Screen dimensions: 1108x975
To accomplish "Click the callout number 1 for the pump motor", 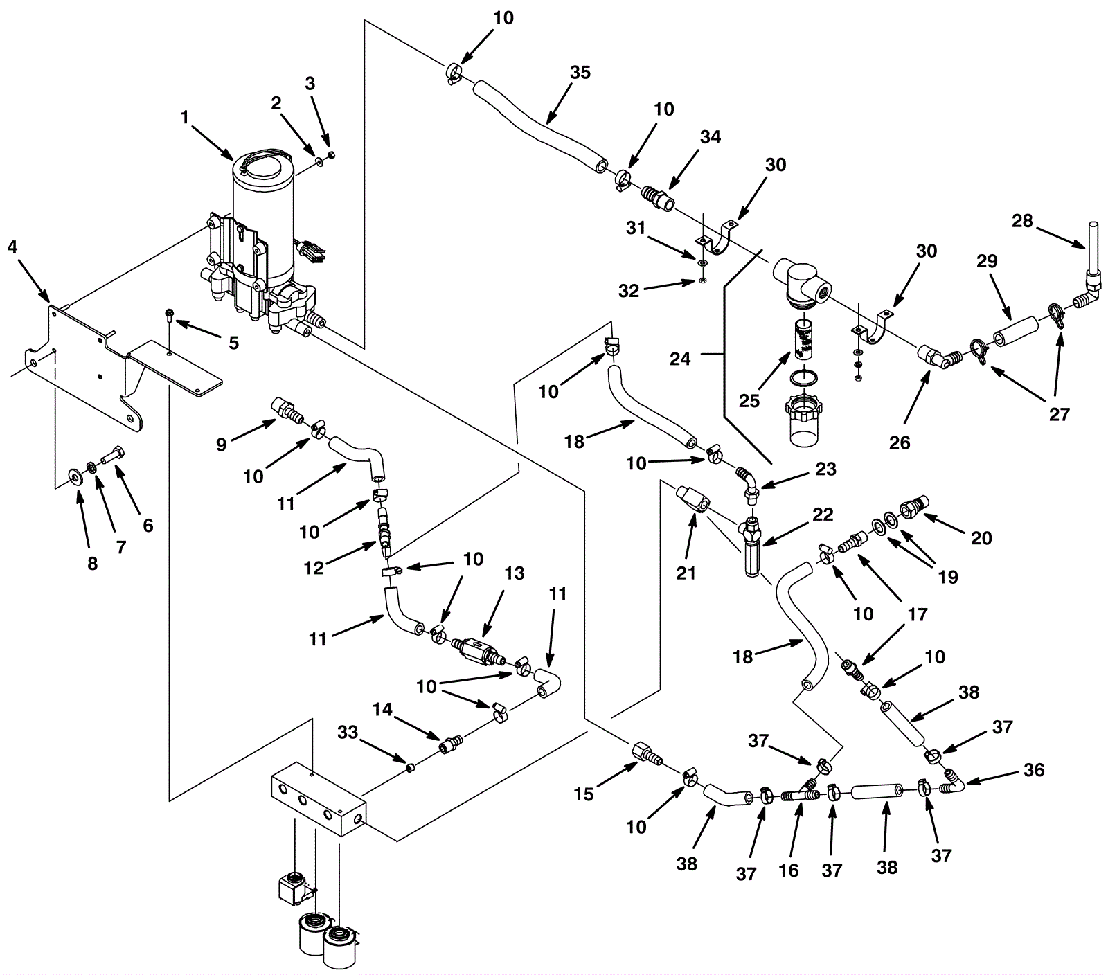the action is pos(185,118).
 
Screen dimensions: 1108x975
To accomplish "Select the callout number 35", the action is pos(580,72).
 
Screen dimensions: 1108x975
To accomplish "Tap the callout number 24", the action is pos(680,359).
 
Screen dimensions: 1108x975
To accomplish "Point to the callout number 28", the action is pos(1022,221).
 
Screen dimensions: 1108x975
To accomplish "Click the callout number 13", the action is pos(515,573).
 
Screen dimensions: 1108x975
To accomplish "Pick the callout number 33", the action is pos(348,732).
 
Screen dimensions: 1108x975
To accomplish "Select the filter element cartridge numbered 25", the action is pos(802,340).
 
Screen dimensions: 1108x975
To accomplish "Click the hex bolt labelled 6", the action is pos(113,457).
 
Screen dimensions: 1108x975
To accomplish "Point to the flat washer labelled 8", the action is pos(73,476).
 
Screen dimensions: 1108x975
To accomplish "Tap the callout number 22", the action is pos(823,515).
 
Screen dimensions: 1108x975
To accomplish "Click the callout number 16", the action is pos(789,870).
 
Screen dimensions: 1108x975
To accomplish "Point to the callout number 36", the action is pos(1034,770).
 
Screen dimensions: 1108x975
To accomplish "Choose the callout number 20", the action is pos(981,537).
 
